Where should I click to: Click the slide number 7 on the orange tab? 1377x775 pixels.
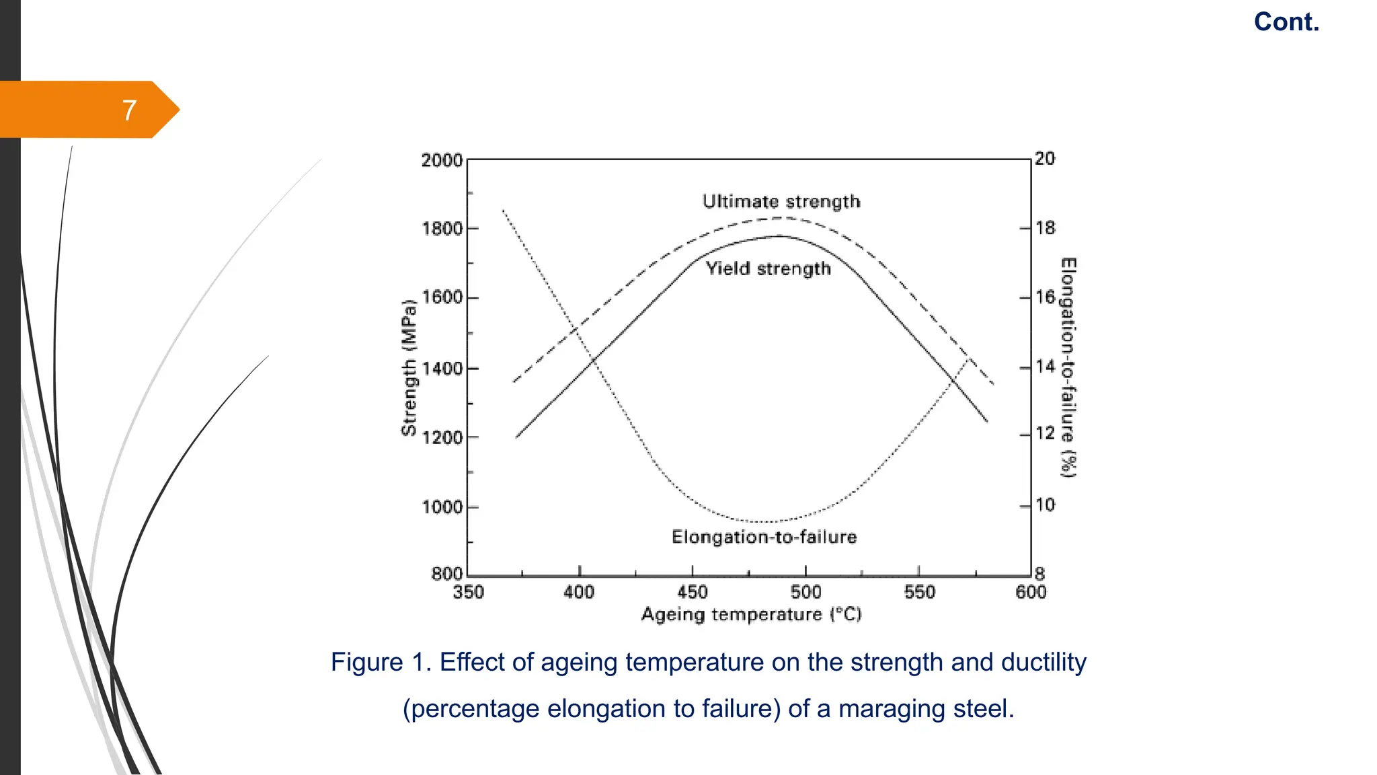tap(129, 110)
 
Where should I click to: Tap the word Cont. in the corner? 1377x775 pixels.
tap(1286, 22)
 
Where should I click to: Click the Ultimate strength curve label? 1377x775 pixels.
tap(781, 201)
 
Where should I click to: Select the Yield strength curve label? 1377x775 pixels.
tap(768, 268)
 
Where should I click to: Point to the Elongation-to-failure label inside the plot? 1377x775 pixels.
tap(764, 537)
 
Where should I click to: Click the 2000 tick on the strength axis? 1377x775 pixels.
tap(442, 160)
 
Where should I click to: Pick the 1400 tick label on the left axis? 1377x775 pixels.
tap(442, 368)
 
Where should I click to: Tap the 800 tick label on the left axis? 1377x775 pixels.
tap(447, 574)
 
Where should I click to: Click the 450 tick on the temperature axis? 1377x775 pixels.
tap(693, 592)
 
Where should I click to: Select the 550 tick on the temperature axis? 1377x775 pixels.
tap(919, 592)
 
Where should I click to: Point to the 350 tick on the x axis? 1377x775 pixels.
tap(468, 592)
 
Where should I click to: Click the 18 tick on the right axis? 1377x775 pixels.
tap(1046, 227)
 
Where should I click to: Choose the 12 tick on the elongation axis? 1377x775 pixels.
tap(1046, 433)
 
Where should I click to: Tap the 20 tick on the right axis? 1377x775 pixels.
tap(1045, 158)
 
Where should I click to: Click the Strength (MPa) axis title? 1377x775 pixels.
tap(409, 367)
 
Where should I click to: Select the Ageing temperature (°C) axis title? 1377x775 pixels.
tap(751, 614)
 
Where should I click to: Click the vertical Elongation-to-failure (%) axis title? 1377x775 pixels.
tap(1068, 367)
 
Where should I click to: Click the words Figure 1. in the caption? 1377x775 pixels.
tap(381, 663)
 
